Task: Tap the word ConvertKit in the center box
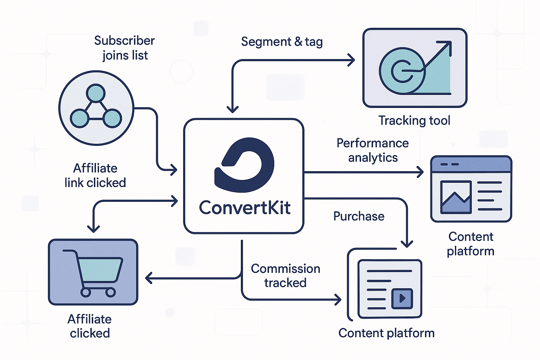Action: click(x=245, y=207)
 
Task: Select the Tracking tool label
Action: click(x=414, y=121)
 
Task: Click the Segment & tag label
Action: click(x=282, y=42)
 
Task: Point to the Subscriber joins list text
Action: click(x=124, y=48)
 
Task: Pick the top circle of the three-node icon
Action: click(x=96, y=93)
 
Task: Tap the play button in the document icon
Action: click(x=402, y=298)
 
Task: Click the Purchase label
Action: click(x=359, y=216)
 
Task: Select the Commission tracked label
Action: click(x=285, y=276)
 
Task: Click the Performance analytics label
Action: click(x=373, y=150)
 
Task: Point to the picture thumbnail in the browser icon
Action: click(x=456, y=197)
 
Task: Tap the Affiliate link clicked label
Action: click(x=95, y=175)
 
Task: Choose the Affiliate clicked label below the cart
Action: click(x=90, y=326)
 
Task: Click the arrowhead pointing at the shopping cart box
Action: click(x=148, y=278)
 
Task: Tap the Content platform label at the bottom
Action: click(x=386, y=333)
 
